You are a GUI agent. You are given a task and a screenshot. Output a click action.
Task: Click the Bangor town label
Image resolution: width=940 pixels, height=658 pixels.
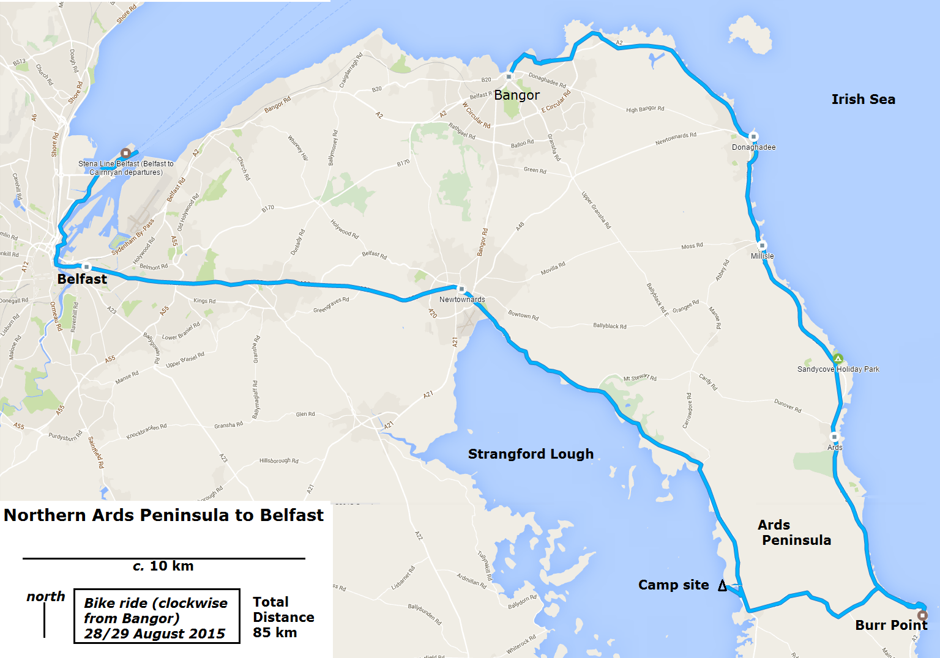click(517, 95)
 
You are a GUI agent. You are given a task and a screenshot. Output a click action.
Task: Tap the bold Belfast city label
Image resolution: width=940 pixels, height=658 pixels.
click(82, 279)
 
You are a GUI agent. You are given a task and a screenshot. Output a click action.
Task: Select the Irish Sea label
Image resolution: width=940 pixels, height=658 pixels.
click(863, 99)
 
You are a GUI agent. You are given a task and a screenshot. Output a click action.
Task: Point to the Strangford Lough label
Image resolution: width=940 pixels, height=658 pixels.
click(531, 454)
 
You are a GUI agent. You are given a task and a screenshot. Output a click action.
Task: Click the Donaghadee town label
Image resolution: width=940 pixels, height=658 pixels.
click(753, 147)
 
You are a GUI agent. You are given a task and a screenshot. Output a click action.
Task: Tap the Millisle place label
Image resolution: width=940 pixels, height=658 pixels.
click(762, 256)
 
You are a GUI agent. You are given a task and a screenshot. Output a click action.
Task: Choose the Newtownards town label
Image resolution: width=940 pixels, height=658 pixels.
click(462, 300)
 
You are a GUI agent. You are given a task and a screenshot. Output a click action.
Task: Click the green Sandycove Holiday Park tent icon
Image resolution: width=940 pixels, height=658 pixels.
click(838, 358)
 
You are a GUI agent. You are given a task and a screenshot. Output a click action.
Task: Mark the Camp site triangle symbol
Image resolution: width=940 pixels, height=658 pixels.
click(722, 586)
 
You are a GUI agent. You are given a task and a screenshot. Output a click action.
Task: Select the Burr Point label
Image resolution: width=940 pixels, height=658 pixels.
click(891, 625)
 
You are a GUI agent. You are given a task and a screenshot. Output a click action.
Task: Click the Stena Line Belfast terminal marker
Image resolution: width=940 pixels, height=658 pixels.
click(125, 153)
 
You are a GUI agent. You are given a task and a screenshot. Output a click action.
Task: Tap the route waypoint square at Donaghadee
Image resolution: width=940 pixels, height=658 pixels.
click(753, 137)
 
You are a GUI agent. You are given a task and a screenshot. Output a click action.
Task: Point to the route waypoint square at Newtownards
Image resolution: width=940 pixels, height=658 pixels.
click(461, 289)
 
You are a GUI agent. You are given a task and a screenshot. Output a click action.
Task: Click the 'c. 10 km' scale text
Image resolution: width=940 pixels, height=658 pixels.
click(163, 566)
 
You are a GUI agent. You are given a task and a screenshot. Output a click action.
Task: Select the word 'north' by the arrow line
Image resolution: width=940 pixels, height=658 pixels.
click(46, 597)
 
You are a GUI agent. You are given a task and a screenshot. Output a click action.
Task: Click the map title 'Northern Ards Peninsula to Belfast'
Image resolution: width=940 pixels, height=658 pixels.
click(163, 516)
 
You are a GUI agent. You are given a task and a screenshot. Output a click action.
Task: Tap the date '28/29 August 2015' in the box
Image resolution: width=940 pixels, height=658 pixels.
click(154, 634)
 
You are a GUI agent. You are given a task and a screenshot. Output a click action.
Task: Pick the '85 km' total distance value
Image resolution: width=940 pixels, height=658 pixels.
click(275, 632)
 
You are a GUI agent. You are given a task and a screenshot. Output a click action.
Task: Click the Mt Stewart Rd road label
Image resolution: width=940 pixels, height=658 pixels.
click(640, 378)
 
